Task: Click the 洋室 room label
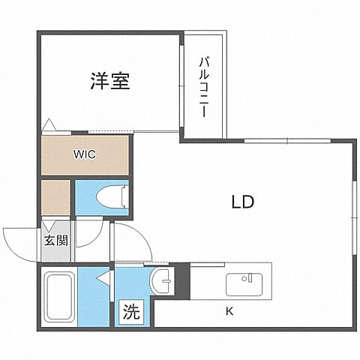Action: (110, 81)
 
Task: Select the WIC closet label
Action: (83, 156)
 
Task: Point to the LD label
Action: (242, 202)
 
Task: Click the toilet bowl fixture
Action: (112, 196)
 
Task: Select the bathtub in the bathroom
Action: (58, 298)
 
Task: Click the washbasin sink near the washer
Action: (160, 283)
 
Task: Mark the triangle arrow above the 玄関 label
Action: (47, 225)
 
